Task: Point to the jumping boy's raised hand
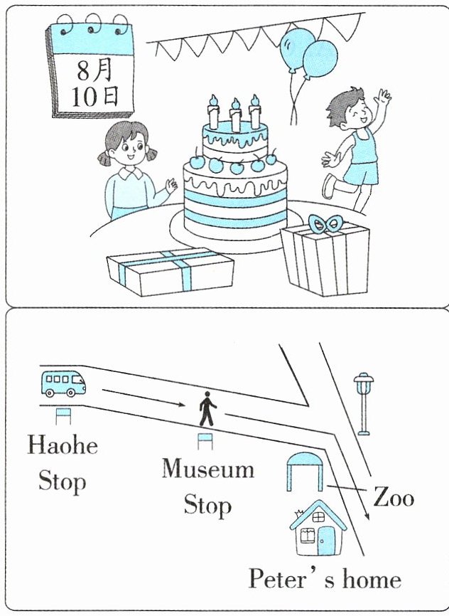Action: click(382, 97)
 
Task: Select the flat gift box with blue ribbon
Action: click(171, 272)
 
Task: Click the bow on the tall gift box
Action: click(324, 224)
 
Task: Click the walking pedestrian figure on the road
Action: click(207, 409)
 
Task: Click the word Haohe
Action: click(63, 445)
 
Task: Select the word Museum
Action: click(208, 469)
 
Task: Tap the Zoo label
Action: click(394, 497)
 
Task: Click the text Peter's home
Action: click(325, 580)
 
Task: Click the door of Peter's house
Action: click(327, 541)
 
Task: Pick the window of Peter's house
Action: click(308, 535)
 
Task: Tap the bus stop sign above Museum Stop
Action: click(205, 441)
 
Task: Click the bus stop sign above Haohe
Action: click(63, 416)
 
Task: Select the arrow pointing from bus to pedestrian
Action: click(144, 398)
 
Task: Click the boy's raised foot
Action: click(328, 186)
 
